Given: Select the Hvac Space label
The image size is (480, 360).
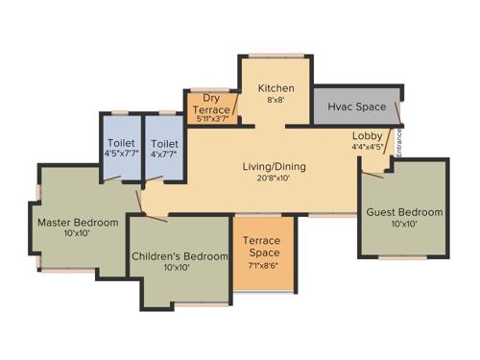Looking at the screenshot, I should pos(355,106).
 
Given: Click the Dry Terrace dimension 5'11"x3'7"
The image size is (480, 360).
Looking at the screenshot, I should pos(213,119).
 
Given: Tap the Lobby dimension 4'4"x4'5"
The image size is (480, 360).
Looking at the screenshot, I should pos(367,148).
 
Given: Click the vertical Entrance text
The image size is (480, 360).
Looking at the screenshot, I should pos(399,143).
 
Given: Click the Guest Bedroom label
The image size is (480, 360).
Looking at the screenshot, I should pos(403,212).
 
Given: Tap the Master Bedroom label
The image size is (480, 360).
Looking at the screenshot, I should pos(78,223).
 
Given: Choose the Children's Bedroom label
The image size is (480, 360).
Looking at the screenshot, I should pos(181,256).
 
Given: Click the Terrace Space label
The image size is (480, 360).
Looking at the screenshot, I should pos(260,247).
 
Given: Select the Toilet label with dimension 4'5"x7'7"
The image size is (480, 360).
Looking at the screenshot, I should pos(120,144).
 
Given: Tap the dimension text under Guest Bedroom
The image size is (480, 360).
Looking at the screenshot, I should pos(403,225).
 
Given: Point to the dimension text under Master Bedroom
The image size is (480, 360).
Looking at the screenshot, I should pos(78,235).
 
